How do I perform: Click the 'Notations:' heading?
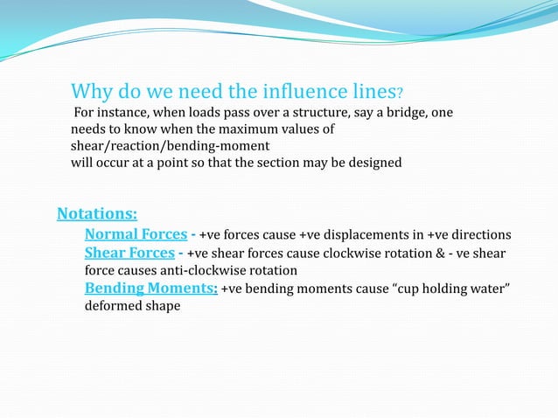(x=96, y=213)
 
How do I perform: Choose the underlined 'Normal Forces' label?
(x=136, y=235)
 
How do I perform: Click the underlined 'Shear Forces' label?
(x=129, y=254)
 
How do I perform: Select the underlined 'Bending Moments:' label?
(x=150, y=289)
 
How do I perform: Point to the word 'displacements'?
(x=359, y=236)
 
